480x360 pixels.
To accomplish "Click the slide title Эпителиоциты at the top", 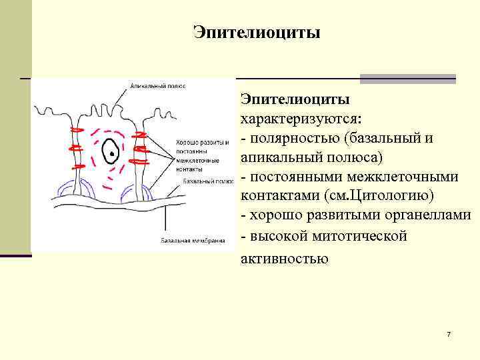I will [257, 32].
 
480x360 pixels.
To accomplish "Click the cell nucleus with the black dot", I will [111, 153].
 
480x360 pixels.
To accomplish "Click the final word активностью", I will [284, 257].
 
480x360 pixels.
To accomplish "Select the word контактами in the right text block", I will [279, 197].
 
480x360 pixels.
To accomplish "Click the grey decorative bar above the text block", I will [407, 78].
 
